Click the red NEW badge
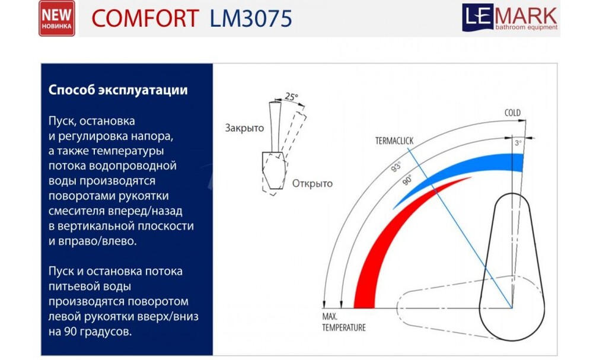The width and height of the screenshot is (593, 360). [57, 18]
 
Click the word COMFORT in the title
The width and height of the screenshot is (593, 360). [145, 19]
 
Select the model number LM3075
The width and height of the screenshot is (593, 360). [251, 19]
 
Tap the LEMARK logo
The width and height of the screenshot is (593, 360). [510, 17]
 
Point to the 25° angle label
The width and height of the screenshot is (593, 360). [291, 96]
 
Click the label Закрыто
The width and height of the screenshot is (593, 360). [244, 128]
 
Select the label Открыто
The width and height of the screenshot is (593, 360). [312, 183]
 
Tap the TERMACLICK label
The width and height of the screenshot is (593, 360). [394, 141]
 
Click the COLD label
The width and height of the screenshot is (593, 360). [512, 113]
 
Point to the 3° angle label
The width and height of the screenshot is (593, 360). [518, 143]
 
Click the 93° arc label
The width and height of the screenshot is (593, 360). [396, 167]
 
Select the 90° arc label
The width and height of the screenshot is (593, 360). [407, 180]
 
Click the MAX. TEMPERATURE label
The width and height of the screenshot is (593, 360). [344, 323]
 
